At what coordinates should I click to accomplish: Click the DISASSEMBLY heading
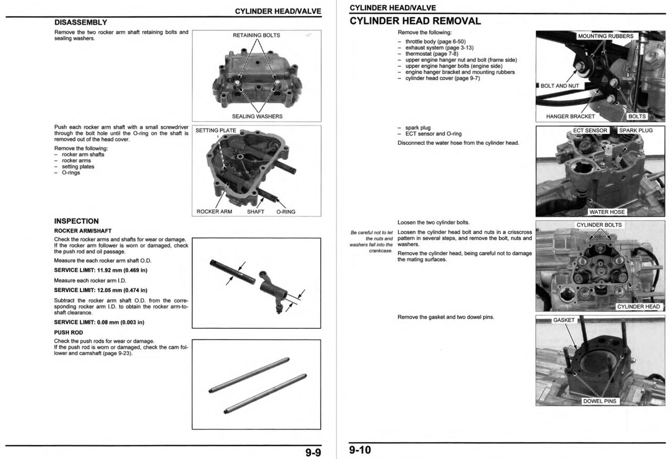tap(81, 23)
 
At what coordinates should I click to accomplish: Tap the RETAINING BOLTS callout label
tap(256, 36)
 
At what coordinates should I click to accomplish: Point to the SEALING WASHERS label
tap(257, 116)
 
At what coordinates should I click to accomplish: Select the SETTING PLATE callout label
tap(216, 131)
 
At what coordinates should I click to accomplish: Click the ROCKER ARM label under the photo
tap(214, 212)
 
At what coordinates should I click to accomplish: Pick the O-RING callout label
tap(286, 212)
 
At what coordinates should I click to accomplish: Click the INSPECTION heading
tap(76, 221)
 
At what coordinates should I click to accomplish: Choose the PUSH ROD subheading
tap(68, 333)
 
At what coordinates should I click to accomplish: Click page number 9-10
tap(360, 450)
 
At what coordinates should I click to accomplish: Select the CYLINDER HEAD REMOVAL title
tap(415, 21)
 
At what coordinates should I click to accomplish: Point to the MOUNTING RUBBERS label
tap(605, 36)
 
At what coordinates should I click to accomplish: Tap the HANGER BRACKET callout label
tap(570, 116)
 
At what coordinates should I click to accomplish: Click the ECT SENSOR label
tap(590, 131)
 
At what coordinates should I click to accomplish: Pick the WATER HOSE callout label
tap(607, 212)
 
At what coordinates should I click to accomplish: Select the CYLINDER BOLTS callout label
tap(599, 225)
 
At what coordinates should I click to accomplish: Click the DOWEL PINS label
tap(600, 401)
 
